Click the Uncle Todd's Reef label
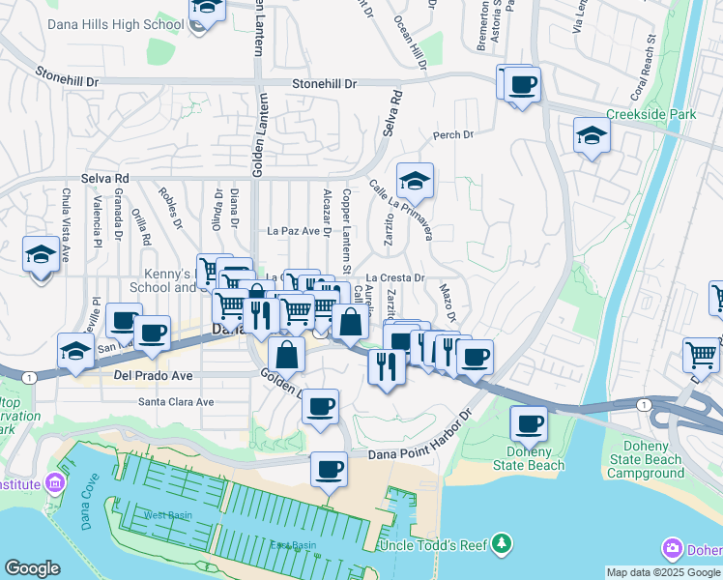click(x=432, y=545)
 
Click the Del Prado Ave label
click(x=153, y=374)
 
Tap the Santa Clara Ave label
click(x=176, y=401)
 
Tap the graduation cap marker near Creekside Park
click(x=592, y=136)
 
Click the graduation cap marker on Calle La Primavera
click(x=415, y=182)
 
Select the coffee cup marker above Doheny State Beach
click(x=529, y=424)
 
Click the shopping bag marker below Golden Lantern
click(x=287, y=356)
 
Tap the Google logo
click(x=32, y=568)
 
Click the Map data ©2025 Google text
click(x=662, y=572)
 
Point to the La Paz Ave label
click(x=293, y=231)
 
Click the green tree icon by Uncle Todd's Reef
click(x=501, y=545)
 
